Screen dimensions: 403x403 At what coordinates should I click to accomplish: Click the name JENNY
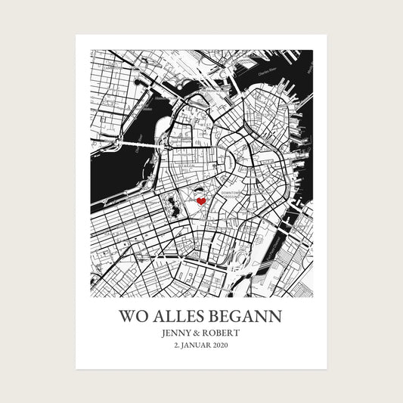178,332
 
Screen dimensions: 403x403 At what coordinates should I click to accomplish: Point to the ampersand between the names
201,332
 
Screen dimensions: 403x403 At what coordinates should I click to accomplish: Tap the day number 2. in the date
178,346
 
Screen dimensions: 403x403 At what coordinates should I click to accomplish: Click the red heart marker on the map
201,202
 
